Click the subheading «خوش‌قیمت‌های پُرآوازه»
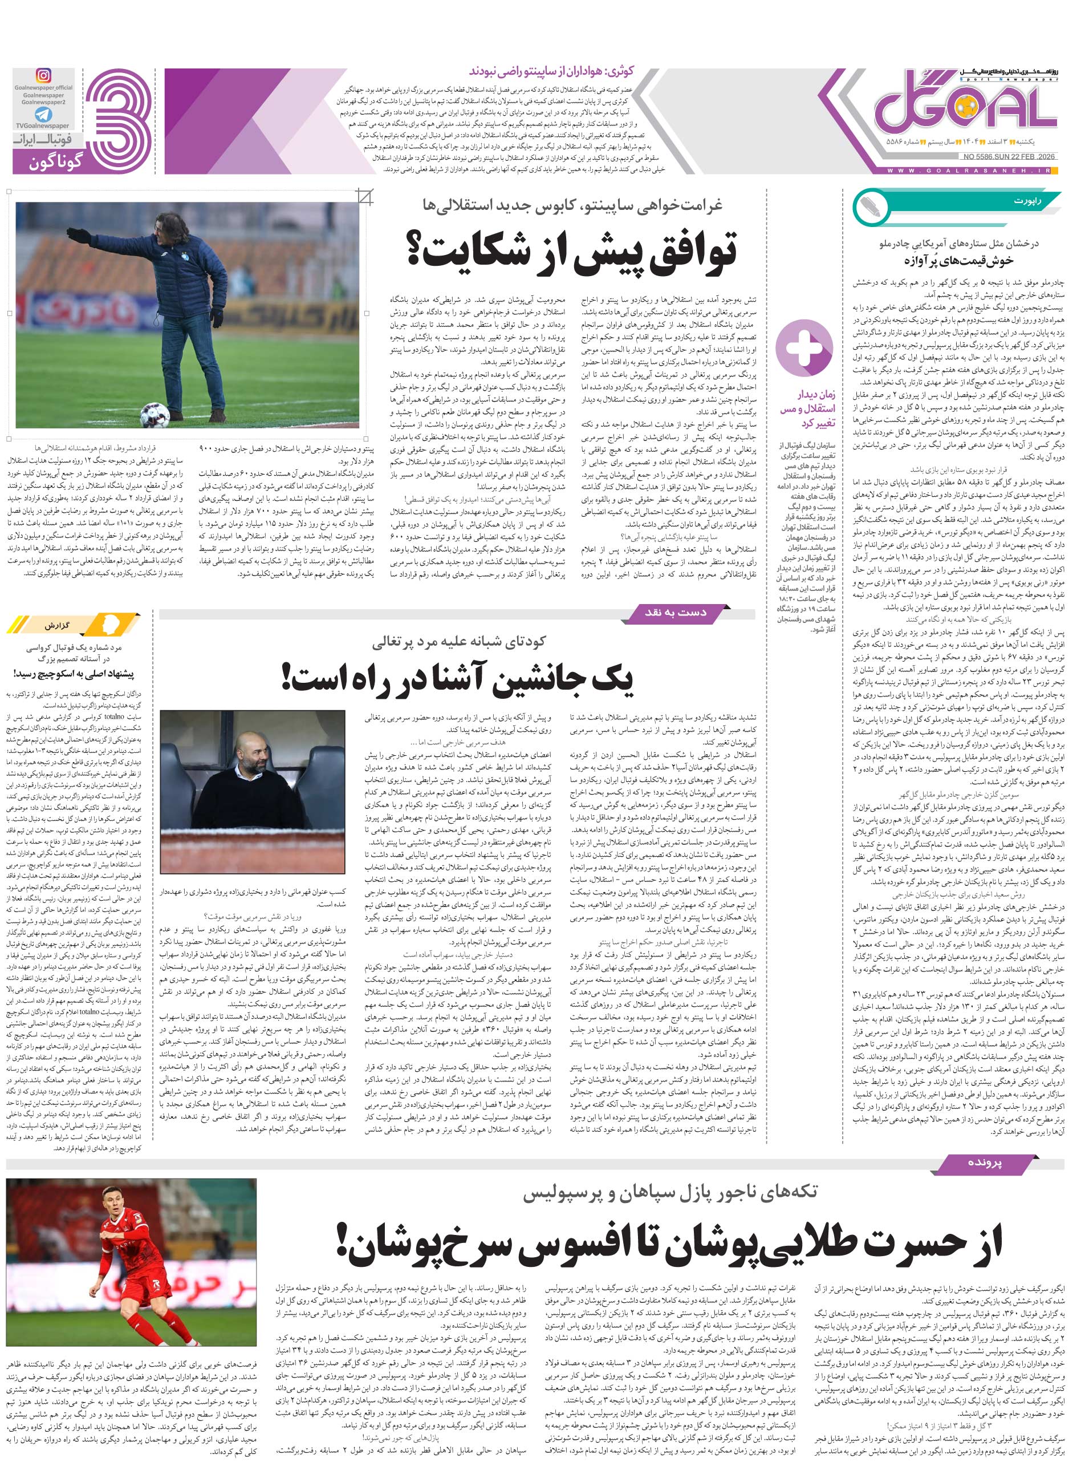(x=958, y=260)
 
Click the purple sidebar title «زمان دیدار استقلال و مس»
(x=808, y=408)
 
